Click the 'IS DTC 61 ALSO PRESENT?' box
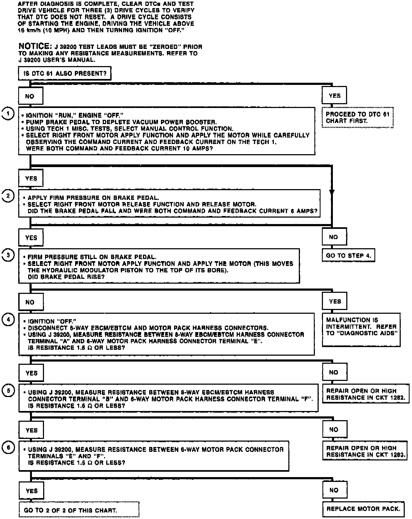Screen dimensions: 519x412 click(x=64, y=73)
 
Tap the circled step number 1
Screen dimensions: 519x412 click(x=8, y=114)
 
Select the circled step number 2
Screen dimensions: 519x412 click(x=8, y=196)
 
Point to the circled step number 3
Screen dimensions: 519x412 click(x=8, y=255)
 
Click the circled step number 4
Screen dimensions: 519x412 click(x=8, y=320)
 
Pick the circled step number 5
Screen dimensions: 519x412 click(x=8, y=391)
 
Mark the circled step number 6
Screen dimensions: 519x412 click(x=8, y=448)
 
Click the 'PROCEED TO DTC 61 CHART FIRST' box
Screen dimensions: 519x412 click(x=357, y=118)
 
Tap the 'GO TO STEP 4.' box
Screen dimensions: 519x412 click(x=348, y=255)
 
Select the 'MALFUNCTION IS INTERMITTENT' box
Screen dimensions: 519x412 click(x=361, y=329)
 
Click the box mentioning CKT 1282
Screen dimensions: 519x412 click(x=366, y=394)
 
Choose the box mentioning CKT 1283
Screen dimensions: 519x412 click(x=366, y=451)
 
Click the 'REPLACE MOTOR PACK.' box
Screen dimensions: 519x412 click(x=363, y=509)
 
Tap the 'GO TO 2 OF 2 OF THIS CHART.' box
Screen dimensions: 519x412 click(x=79, y=509)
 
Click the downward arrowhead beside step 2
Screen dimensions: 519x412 click(x=332, y=192)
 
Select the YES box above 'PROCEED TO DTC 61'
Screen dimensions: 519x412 click(x=334, y=95)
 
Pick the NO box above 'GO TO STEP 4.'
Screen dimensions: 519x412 click(x=334, y=237)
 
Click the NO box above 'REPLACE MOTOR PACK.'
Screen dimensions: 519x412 click(x=334, y=490)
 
